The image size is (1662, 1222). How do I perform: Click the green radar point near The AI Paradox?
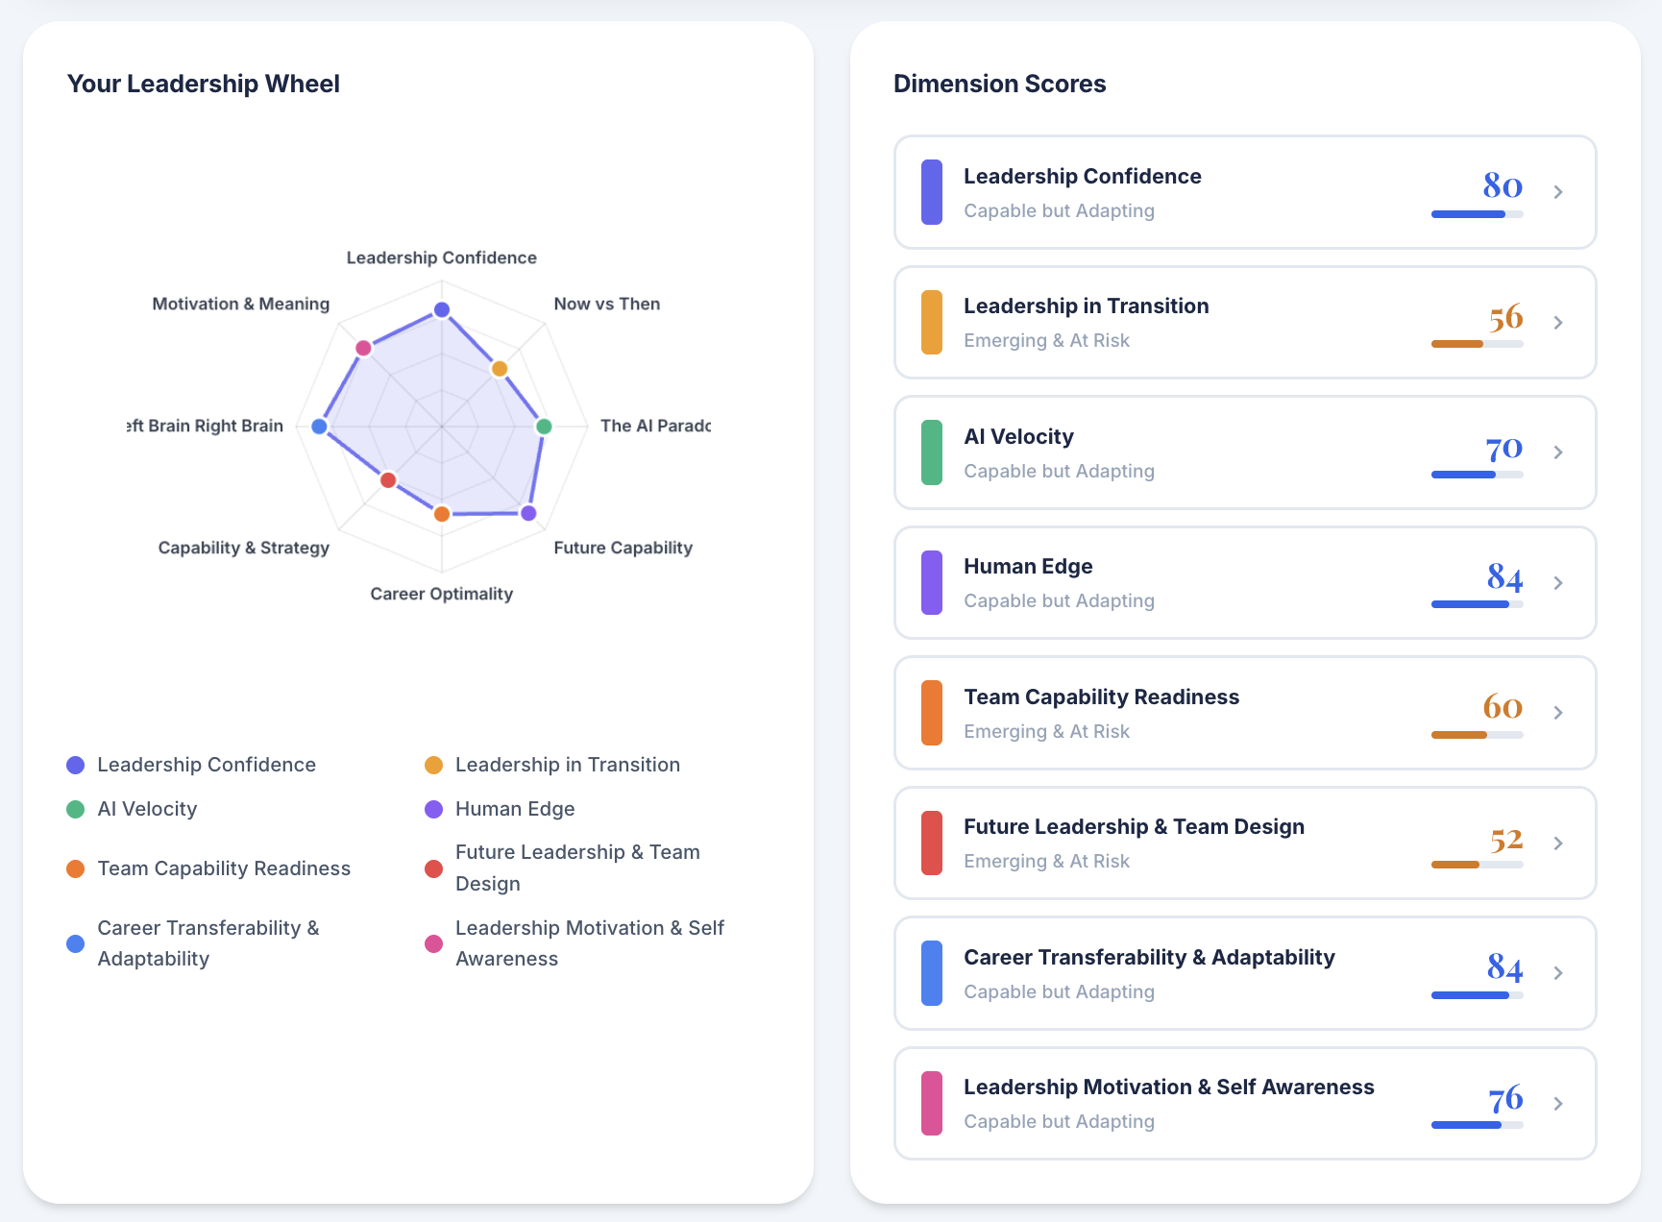point(544,427)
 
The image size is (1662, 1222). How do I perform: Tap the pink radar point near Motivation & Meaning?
point(363,348)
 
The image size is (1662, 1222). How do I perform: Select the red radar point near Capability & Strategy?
point(388,480)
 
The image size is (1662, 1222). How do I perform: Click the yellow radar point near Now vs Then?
point(500,369)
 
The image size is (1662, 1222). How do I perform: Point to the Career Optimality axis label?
point(442,594)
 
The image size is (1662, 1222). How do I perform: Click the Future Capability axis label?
point(623,548)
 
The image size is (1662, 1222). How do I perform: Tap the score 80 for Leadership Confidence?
point(1503,185)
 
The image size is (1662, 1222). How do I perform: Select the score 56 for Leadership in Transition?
point(1505,317)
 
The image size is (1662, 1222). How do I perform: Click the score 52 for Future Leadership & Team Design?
point(1505,840)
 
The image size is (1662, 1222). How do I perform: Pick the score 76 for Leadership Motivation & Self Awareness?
point(1505,1098)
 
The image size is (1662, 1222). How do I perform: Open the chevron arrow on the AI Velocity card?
point(1558,452)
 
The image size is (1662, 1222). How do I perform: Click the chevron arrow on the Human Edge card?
point(1558,583)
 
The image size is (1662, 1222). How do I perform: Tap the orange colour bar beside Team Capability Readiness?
point(931,713)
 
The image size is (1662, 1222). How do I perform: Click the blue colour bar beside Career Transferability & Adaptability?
point(931,973)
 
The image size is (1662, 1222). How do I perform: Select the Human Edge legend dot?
point(434,809)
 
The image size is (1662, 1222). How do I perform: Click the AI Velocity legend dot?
point(76,809)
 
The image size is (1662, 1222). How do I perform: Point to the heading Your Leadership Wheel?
point(204,84)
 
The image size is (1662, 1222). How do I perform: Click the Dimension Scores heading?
point(999,84)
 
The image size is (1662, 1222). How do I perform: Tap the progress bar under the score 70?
point(1477,475)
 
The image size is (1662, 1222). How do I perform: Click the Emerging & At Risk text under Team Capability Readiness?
point(1046,731)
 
